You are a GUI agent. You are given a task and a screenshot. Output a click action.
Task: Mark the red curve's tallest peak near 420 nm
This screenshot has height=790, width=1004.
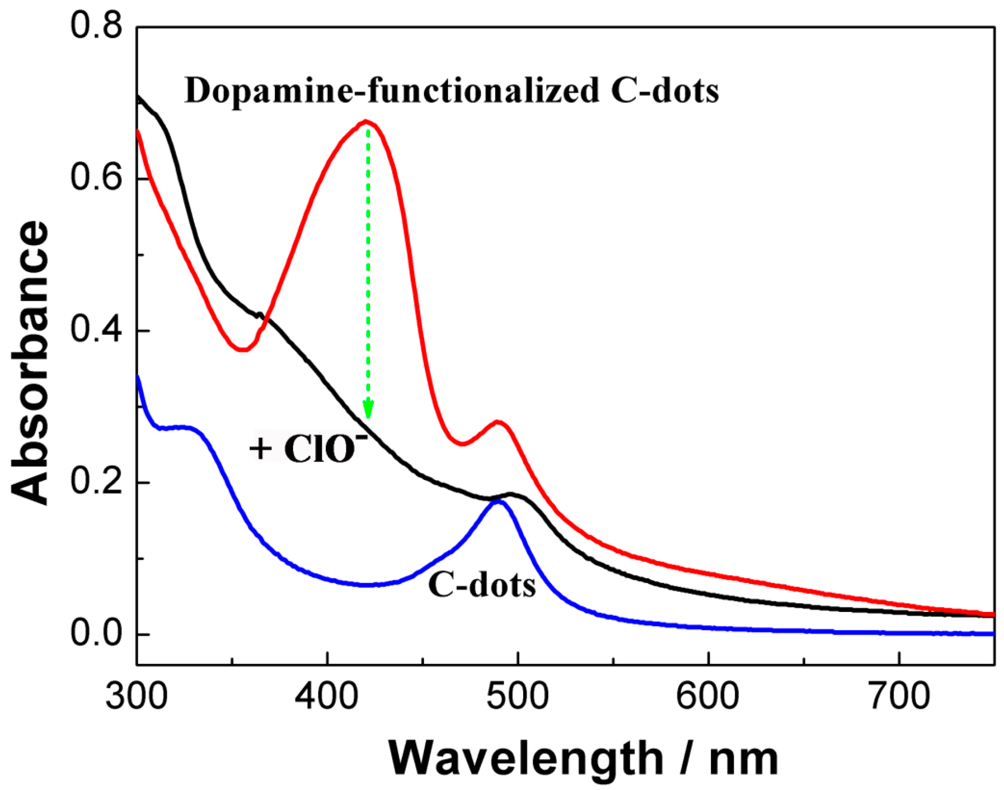pyautogui.click(x=366, y=121)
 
